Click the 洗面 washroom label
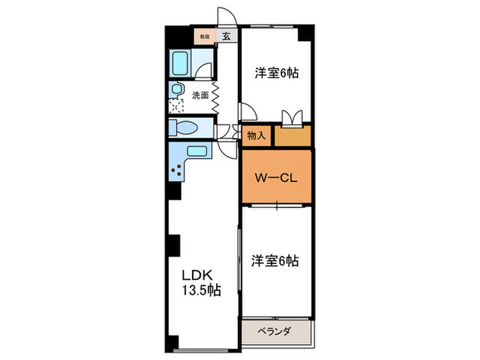coord(200,95)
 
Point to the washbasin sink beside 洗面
coord(177,90)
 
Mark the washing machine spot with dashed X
coord(178,106)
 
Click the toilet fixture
coord(183,128)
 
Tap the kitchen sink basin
coord(197,152)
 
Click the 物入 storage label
coord(256,136)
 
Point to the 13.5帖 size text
coord(201,291)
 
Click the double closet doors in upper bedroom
coord(291,117)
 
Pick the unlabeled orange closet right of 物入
coord(293,136)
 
